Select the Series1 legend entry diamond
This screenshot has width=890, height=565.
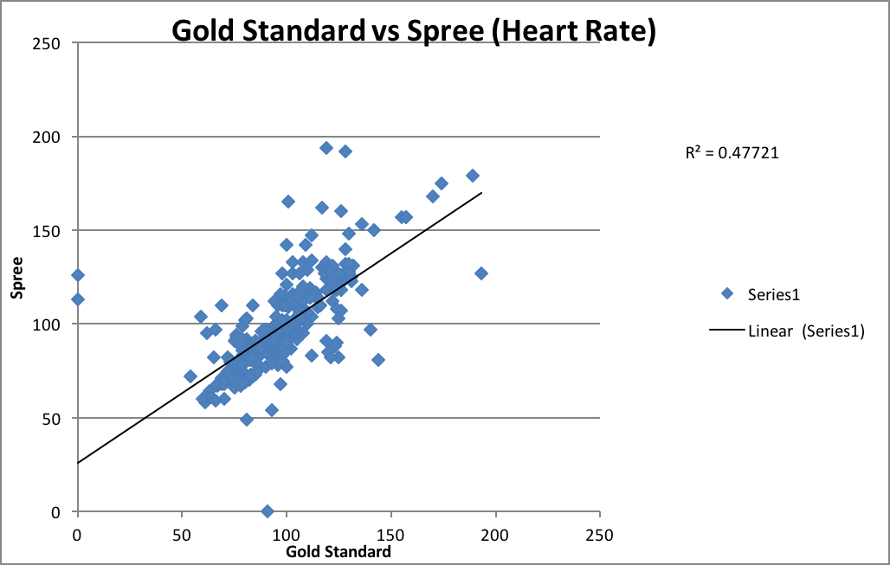click(x=727, y=293)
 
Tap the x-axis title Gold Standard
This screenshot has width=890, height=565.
click(x=339, y=552)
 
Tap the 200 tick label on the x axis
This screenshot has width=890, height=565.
click(x=495, y=534)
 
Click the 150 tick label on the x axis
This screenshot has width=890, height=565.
click(x=390, y=534)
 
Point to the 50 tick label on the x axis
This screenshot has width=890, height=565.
click(x=182, y=534)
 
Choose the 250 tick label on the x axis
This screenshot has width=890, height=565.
click(x=599, y=534)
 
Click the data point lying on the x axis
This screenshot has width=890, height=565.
click(x=268, y=511)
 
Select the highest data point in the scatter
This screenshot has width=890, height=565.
click(x=326, y=148)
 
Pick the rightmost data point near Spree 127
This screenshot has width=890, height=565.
click(x=481, y=273)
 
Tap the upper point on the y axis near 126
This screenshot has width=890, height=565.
click(x=78, y=275)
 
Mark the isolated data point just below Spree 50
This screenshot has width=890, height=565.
click(x=247, y=420)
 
